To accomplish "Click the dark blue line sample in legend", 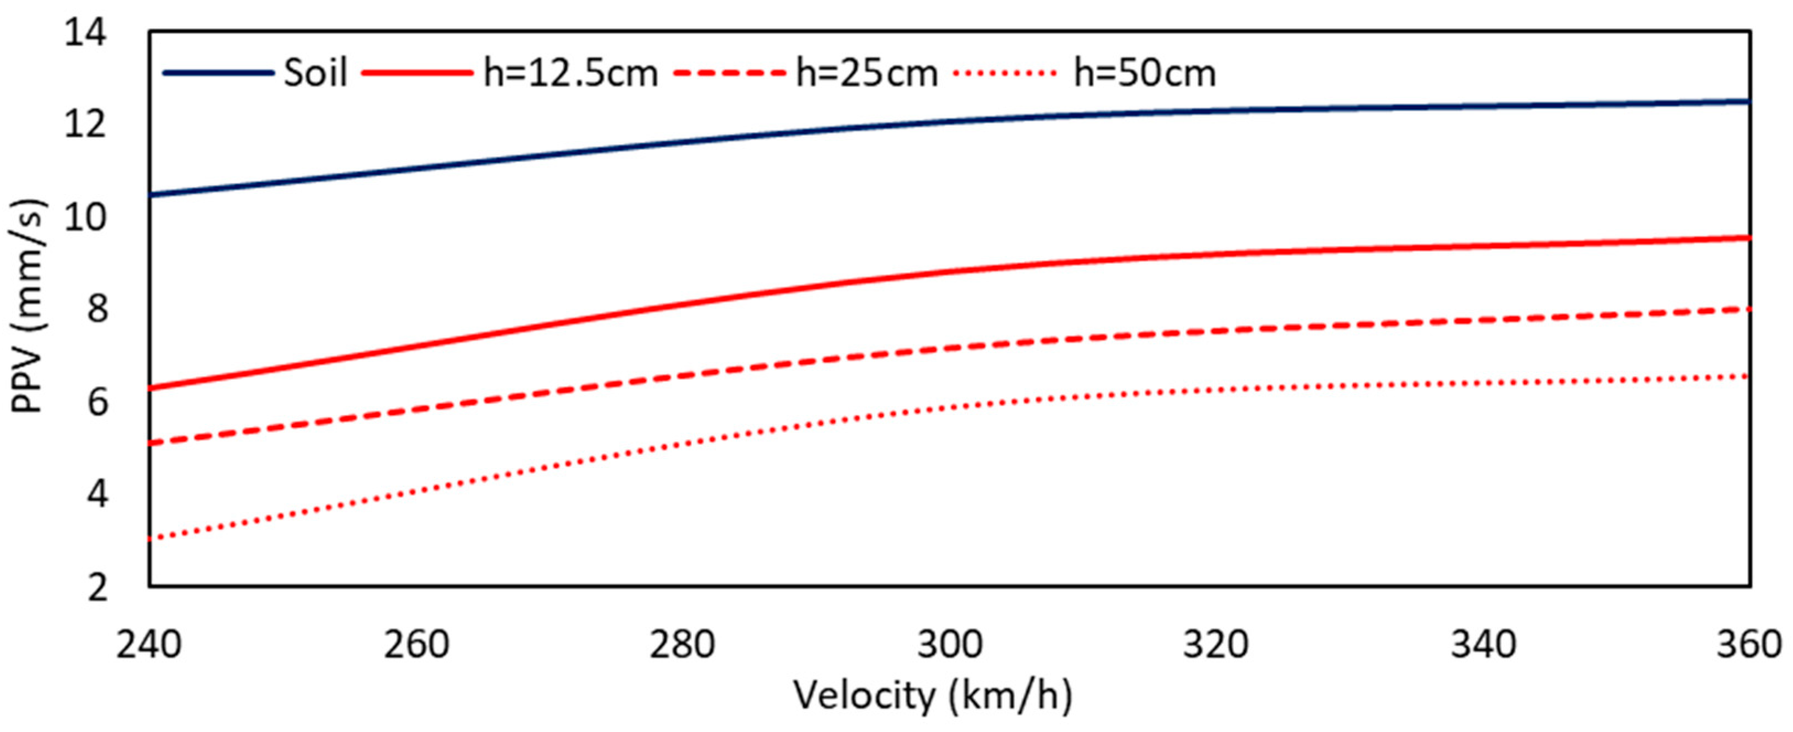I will pos(218,72).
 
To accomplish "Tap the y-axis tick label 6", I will pos(97,402).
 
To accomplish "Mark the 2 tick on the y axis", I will pos(97,588).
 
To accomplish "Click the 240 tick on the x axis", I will pos(148,644).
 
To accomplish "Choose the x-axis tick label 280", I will pos(682,644).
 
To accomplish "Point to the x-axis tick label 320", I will pos(1216,644).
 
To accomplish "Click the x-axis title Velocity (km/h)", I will pos(933,697).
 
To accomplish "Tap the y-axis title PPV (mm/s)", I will pos(29,306).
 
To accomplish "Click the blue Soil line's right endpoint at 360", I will pos(1748,101).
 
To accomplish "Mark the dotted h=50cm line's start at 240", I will pos(151,539).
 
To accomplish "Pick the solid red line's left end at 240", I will pos(151,388).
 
